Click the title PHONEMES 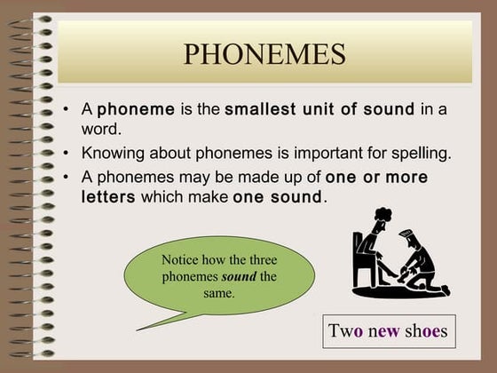(264, 55)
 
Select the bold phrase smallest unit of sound (319, 110)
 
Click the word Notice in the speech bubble (181, 260)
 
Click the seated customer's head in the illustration (381, 218)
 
